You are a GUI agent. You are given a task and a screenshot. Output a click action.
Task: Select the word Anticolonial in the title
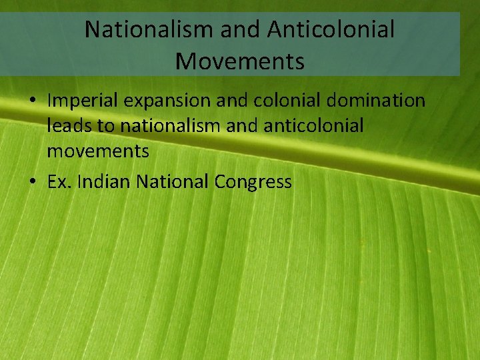pos(331,29)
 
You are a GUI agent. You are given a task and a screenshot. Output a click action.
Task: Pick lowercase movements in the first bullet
pos(98,151)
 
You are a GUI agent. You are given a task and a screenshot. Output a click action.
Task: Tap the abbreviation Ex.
pos(59,181)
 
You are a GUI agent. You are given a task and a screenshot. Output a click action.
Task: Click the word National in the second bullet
pos(173,181)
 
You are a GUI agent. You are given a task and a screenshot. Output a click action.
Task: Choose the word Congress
pos(253,182)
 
